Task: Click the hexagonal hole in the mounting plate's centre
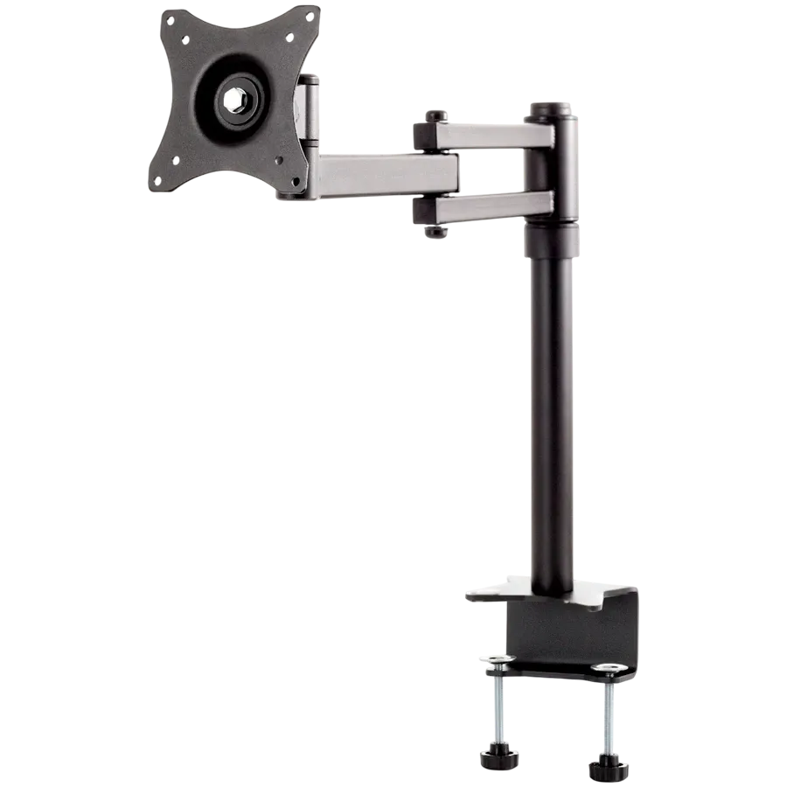click(234, 101)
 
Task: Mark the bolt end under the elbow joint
click(435, 231)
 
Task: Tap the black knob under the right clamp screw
click(602, 768)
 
